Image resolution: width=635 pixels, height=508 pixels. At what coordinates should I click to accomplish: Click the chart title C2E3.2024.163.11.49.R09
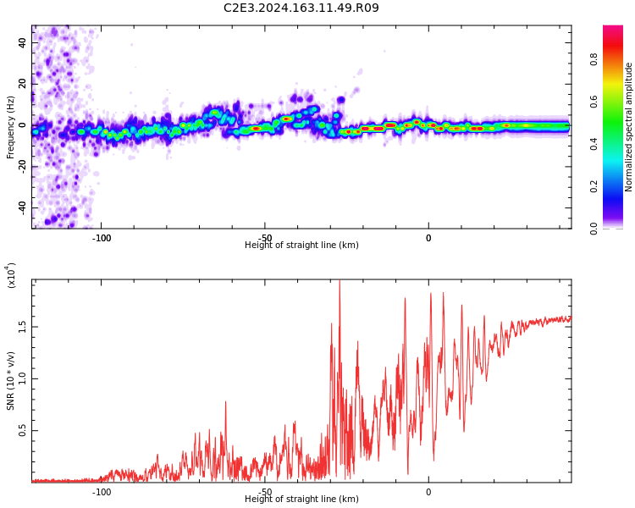(x=301, y=8)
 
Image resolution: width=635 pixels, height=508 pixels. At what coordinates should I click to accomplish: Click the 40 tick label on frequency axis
(x=23, y=42)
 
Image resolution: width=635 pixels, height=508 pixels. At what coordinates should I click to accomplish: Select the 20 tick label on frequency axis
(x=23, y=84)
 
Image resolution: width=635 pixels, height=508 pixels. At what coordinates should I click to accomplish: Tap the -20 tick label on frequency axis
(x=23, y=167)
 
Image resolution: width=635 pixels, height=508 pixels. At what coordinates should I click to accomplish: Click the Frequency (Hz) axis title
(x=11, y=127)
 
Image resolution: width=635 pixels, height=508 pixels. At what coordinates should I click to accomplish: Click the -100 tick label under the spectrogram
(x=102, y=238)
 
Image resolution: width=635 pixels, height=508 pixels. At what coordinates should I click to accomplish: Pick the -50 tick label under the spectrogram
(x=265, y=238)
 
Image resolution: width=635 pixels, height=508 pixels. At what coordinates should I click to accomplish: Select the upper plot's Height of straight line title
(x=301, y=246)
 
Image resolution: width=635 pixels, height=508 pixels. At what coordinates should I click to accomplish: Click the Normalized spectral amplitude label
(x=629, y=127)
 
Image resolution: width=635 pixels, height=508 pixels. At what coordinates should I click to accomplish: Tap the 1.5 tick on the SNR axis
(x=23, y=327)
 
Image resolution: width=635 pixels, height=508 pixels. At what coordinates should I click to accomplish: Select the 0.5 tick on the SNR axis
(x=23, y=431)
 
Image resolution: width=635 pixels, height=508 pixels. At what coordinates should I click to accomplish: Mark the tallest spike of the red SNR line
(x=340, y=282)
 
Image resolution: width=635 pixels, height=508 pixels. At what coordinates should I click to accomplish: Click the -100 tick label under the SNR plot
(x=102, y=492)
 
